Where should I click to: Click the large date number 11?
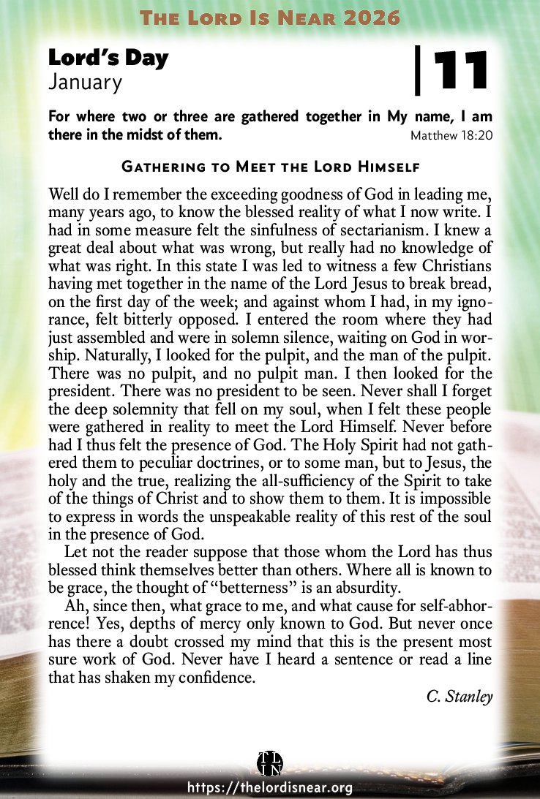click(461, 70)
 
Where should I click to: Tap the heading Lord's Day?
click(108, 58)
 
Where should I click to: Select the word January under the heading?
click(85, 83)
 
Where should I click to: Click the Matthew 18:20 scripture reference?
click(451, 136)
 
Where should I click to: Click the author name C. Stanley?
click(460, 695)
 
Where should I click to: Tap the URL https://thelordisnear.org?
click(270, 787)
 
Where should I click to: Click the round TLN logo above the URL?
click(270, 762)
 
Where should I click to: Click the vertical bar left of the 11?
click(418, 70)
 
